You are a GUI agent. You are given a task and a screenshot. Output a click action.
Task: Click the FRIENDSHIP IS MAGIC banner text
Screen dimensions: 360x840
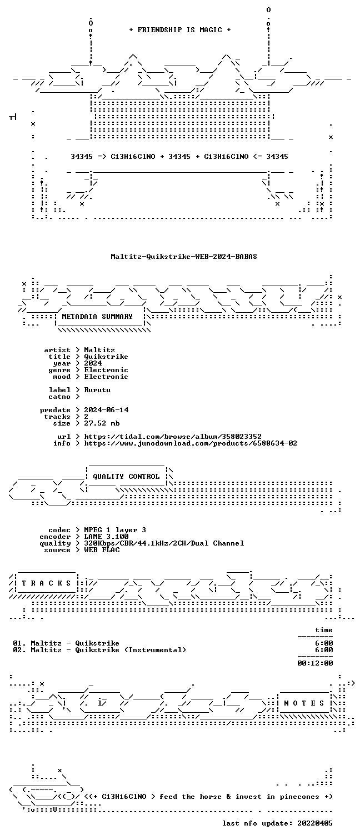pyautogui.click(x=180, y=30)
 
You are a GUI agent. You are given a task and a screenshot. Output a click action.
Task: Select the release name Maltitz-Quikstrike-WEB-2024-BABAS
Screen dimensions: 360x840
pyautogui.click(x=184, y=257)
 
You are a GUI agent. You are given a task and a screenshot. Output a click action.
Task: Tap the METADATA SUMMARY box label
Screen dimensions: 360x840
pyautogui.click(x=97, y=317)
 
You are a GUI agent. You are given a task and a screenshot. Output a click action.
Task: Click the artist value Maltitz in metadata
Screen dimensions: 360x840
pyautogui.click(x=99, y=350)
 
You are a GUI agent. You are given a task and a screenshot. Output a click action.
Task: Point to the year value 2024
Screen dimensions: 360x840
pyautogui.click(x=93, y=363)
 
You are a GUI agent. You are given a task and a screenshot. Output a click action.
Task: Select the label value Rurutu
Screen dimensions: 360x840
pyautogui.click(x=97, y=390)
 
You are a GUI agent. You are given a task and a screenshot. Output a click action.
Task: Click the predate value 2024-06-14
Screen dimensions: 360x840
pyautogui.click(x=106, y=410)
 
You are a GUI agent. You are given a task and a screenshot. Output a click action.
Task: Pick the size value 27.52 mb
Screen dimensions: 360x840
pyautogui.click(x=102, y=423)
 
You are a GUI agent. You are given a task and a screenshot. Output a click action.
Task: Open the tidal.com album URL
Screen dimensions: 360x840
pyautogui.click(x=172, y=437)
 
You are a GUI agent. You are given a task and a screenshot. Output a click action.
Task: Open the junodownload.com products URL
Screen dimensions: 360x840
pyautogui.click(x=191, y=443)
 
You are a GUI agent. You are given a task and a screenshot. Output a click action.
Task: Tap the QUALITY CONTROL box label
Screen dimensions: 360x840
pyautogui.click(x=126, y=477)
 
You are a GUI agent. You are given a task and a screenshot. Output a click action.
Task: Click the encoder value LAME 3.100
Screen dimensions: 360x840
pyautogui.click(x=106, y=537)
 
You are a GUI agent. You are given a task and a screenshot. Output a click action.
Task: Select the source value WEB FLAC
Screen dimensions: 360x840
pyautogui.click(x=102, y=550)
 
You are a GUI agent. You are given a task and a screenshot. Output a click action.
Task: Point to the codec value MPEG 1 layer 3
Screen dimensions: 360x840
pyautogui.click(x=115, y=530)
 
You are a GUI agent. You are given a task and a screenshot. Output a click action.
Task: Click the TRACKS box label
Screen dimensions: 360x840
pyautogui.click(x=46, y=583)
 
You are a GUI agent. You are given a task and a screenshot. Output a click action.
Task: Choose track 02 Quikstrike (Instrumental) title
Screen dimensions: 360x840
pyautogui.click(x=131, y=650)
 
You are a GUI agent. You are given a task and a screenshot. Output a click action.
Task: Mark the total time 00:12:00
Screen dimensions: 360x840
pyautogui.click(x=315, y=663)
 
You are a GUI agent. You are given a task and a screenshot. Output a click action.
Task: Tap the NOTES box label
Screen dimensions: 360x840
pyautogui.click(x=304, y=703)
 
